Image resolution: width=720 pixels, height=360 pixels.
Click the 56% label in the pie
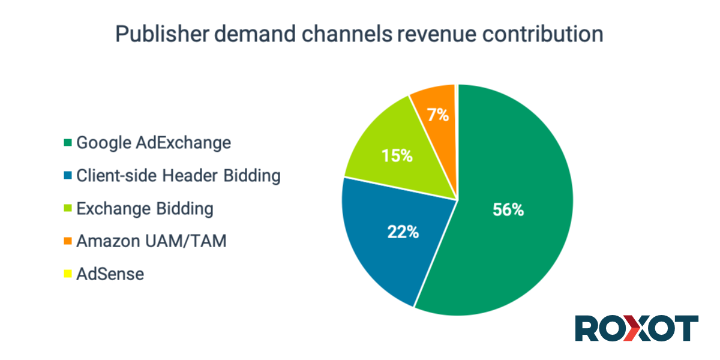pos(508,210)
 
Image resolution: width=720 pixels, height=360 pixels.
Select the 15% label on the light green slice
pos(397,156)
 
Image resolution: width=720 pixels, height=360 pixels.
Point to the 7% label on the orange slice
pos(439,114)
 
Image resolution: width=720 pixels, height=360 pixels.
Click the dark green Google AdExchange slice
pos(516,252)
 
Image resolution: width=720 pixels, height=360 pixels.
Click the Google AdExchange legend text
pos(154,143)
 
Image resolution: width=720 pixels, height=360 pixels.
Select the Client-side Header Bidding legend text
pos(178,176)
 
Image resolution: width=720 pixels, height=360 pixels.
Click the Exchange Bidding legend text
pos(145,209)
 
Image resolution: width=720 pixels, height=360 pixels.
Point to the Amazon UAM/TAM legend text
pos(151,241)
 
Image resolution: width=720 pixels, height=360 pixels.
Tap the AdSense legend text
pos(110,274)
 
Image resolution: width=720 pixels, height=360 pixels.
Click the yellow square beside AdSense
pos(68,274)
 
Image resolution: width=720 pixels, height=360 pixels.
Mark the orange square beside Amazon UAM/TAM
pos(68,241)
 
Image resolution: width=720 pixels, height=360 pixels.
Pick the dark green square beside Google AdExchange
pos(68,143)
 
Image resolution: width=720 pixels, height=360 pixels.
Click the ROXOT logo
pos(636,329)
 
